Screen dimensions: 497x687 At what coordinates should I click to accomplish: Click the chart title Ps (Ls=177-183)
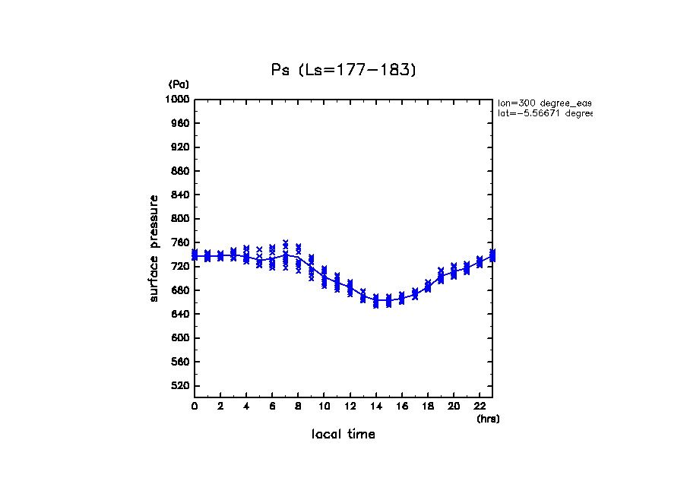344,70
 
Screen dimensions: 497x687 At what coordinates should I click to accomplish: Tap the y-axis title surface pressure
154,248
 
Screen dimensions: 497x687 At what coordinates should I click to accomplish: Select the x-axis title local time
343,435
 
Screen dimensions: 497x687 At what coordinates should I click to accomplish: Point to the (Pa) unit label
179,84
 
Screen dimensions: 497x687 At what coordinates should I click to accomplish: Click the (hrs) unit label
488,419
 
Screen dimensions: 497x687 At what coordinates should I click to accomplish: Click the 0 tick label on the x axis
195,407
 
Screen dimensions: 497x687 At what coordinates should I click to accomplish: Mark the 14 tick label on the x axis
375,407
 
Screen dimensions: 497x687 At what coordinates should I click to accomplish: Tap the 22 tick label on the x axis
479,407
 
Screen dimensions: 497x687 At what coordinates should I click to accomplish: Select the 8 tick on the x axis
298,407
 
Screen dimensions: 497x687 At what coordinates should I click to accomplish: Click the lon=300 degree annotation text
544,103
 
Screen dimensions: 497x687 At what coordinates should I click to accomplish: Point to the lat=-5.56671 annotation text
544,113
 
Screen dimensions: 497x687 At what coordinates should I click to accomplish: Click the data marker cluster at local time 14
375,301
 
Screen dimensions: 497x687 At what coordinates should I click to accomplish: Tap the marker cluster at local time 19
440,275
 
